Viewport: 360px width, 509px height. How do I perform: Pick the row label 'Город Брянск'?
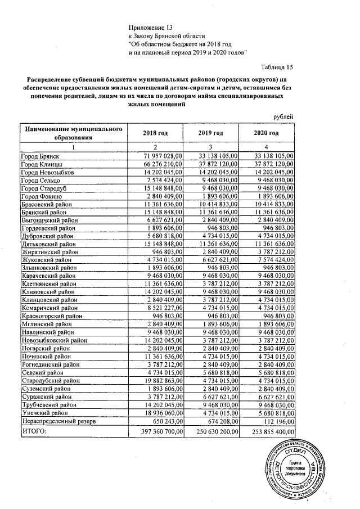40,156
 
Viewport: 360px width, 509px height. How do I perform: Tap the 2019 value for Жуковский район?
218,260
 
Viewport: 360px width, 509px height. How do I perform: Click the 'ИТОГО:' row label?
33,431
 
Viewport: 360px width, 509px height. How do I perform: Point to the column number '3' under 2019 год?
210,146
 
